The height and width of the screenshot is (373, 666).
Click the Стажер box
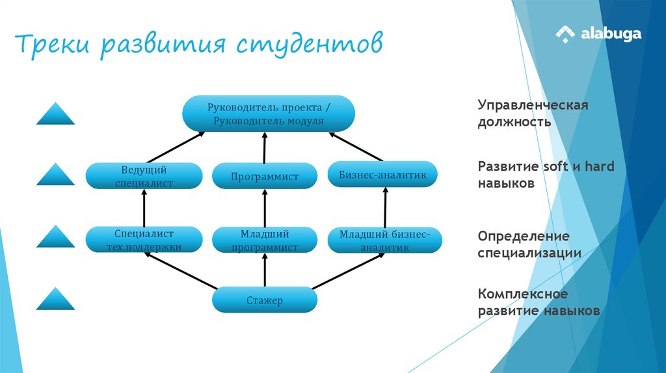click(x=265, y=300)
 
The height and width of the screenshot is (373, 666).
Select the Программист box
click(x=265, y=176)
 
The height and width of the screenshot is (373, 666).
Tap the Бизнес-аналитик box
click(x=382, y=174)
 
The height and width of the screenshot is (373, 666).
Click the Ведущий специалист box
click(x=144, y=176)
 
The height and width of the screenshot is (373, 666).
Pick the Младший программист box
click(x=265, y=240)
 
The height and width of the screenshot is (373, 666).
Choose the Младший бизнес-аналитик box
click(x=384, y=240)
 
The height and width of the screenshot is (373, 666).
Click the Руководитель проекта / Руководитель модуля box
click(x=268, y=114)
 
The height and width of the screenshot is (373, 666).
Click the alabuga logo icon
click(x=565, y=34)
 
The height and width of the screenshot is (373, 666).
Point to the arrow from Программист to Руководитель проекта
click(x=265, y=147)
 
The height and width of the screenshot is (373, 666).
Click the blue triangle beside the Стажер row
click(x=55, y=300)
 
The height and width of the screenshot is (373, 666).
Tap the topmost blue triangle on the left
click(x=55, y=114)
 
